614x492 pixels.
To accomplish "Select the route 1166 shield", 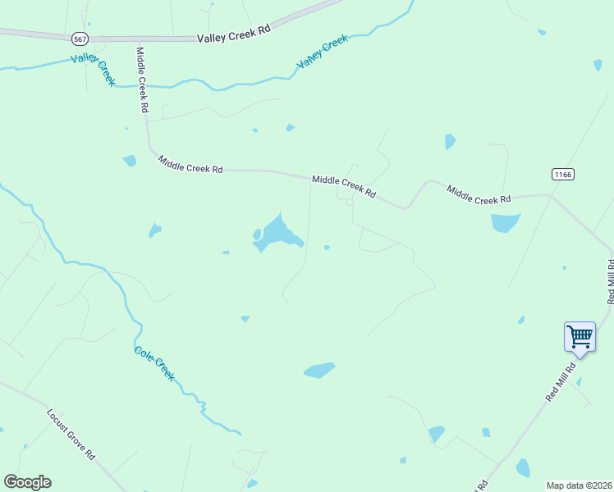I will (x=562, y=174).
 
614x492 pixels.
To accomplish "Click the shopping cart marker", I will (x=580, y=336).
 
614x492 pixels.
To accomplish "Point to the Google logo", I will (x=27, y=482).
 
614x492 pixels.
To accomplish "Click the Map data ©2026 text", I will (x=578, y=485).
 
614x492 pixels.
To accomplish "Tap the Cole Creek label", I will (x=154, y=363).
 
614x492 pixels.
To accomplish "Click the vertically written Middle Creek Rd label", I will (x=141, y=80).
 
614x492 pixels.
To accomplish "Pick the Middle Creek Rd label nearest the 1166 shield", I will (x=479, y=194).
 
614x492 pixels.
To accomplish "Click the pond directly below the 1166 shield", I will (x=505, y=222).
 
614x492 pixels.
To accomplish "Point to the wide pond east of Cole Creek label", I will (x=319, y=371).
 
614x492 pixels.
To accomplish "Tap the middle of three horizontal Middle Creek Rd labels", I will (x=344, y=186).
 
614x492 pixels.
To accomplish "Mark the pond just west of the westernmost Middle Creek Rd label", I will (x=130, y=161).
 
